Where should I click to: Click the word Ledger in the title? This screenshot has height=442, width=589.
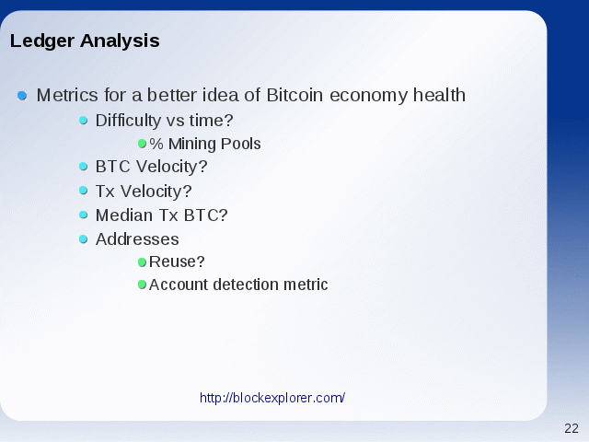click(x=42, y=41)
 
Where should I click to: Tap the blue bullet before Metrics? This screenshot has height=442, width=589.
click(x=22, y=96)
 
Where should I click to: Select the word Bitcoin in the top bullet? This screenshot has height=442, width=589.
click(x=294, y=95)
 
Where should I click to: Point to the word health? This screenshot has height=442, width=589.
click(x=439, y=95)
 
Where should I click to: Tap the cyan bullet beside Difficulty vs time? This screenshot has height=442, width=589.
click(x=84, y=121)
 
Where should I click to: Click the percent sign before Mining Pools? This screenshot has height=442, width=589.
click(x=156, y=144)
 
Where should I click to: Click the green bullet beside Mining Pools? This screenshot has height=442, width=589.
click(x=142, y=144)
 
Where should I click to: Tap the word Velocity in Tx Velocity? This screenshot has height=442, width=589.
click(x=156, y=192)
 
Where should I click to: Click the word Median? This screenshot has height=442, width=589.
click(x=124, y=215)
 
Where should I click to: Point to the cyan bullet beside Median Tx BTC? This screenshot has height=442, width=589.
click(x=84, y=215)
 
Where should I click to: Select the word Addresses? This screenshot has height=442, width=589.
click(x=137, y=239)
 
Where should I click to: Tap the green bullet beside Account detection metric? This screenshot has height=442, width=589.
click(x=142, y=285)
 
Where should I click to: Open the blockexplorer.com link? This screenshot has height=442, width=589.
click(x=272, y=398)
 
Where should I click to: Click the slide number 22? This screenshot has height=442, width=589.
click(x=572, y=428)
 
